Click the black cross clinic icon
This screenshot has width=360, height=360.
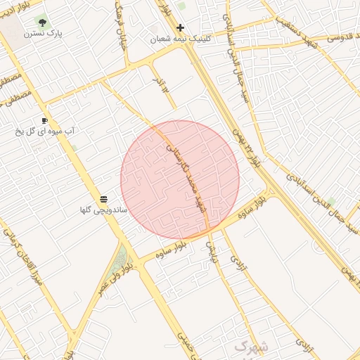pyautogui.click(x=181, y=28)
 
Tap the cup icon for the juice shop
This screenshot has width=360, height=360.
pyautogui.click(x=45, y=120)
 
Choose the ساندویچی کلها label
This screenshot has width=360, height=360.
pyautogui.click(x=103, y=210)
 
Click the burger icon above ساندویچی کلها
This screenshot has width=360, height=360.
pyautogui.click(x=104, y=200)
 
